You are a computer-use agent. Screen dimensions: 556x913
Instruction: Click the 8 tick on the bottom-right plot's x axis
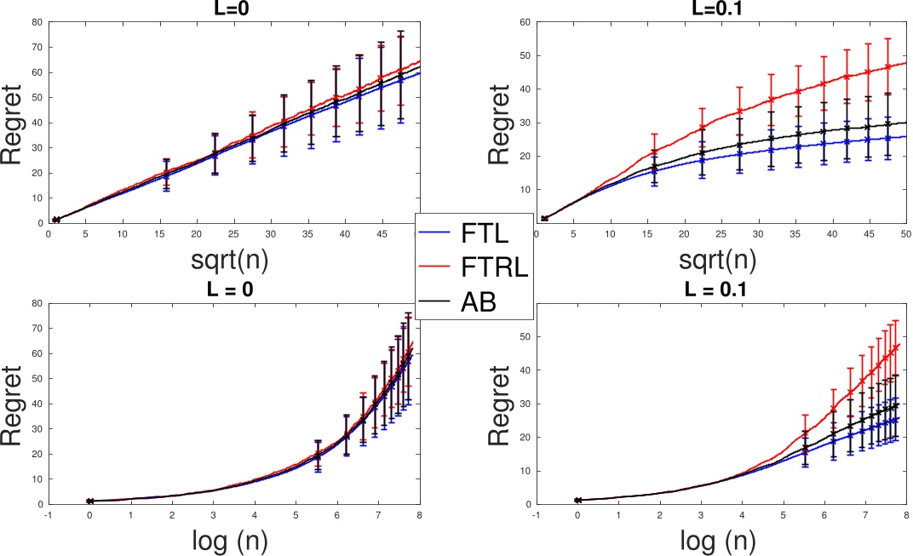pos(906,513)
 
